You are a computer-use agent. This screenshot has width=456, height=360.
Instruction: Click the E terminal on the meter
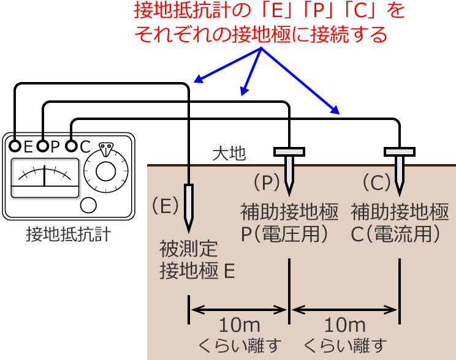coord(15,146)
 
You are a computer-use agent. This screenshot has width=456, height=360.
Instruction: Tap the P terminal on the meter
coord(43,146)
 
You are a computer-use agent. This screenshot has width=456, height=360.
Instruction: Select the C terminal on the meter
coord(71,146)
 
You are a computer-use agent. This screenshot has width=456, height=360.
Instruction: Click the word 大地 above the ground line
coord(229,154)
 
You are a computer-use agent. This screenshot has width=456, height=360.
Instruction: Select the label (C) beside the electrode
coord(376,182)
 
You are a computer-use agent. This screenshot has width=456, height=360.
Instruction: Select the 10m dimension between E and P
coord(239,324)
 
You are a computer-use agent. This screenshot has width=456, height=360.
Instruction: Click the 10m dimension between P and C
coord(344,324)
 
